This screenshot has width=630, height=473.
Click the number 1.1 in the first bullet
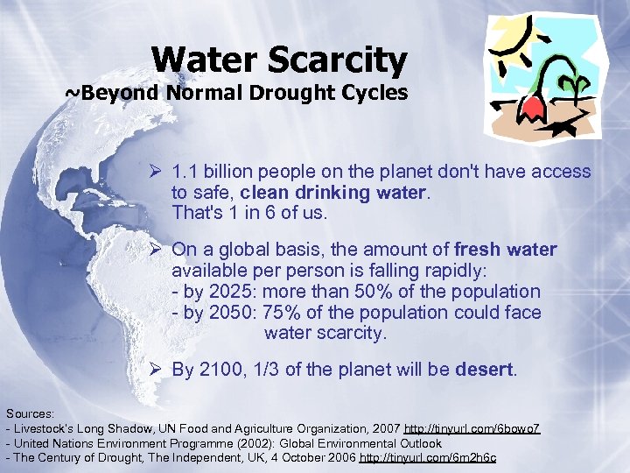pyautogui.click(x=185, y=172)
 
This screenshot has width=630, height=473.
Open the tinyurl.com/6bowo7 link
pyautogui.click(x=472, y=428)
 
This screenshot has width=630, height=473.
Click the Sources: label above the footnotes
pyautogui.click(x=31, y=413)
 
